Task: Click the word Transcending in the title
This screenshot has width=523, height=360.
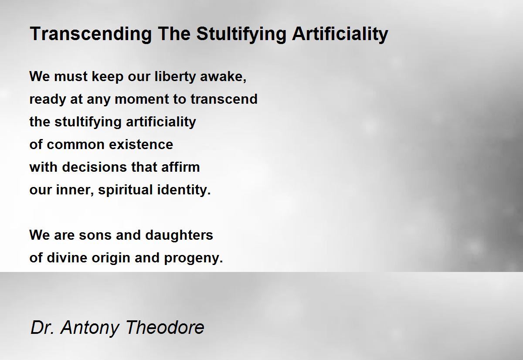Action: coord(91,34)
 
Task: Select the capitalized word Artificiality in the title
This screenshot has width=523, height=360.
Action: coord(340,34)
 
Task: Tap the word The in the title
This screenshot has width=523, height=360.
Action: coord(174,34)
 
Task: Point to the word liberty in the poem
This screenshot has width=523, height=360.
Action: coord(175,77)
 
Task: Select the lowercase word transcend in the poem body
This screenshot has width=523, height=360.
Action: coord(224,99)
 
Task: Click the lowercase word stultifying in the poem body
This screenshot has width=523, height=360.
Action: coord(88,122)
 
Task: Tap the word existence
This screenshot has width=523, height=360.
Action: coord(141,144)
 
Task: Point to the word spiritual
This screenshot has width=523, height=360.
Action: coord(126,190)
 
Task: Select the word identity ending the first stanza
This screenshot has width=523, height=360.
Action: coord(184,190)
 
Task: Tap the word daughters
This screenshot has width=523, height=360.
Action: coord(179,235)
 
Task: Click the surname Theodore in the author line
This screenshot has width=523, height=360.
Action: coord(165,327)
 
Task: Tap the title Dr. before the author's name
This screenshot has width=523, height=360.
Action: coord(42,327)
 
